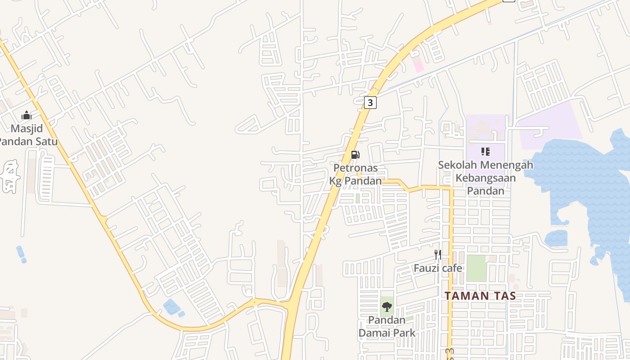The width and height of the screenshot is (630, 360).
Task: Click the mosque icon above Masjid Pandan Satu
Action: (x=27, y=116)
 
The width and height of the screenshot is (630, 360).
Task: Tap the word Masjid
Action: (x=27, y=129)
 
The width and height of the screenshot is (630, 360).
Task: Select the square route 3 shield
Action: (x=370, y=103)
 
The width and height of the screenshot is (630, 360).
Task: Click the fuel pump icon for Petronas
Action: (x=355, y=155)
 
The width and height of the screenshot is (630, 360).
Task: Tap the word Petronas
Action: (x=355, y=168)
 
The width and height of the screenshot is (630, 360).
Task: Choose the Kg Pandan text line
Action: (x=355, y=181)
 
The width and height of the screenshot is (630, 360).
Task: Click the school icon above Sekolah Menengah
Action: (x=485, y=152)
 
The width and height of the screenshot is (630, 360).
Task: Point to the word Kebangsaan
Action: (x=486, y=178)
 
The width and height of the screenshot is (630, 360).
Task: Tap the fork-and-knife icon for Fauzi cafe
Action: (x=437, y=255)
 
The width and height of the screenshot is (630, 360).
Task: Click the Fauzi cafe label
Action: (x=438, y=268)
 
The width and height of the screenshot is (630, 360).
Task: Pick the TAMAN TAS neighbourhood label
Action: (x=480, y=296)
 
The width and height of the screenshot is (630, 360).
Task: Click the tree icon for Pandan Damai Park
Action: (x=387, y=307)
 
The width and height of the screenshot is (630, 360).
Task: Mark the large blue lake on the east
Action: (x=585, y=180)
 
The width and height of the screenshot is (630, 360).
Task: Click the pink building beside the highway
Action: (x=418, y=64)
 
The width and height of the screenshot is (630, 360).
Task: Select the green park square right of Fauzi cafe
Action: (x=476, y=268)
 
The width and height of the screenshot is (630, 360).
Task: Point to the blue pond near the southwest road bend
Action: (x=171, y=307)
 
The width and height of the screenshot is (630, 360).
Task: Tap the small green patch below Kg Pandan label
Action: (x=358, y=198)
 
